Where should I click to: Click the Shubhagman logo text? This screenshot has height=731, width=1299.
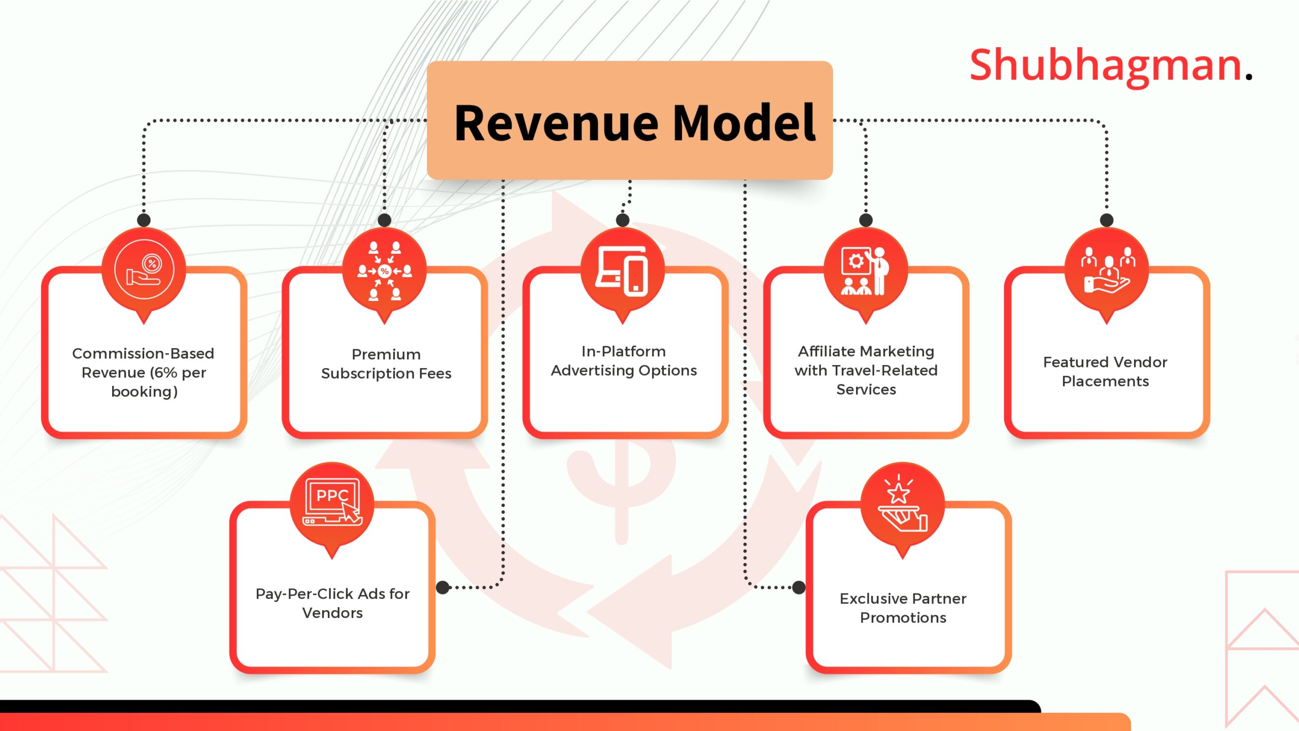pos(1110,66)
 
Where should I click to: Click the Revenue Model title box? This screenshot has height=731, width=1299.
pos(630,120)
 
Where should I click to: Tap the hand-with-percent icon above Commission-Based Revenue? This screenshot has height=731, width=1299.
pos(144,270)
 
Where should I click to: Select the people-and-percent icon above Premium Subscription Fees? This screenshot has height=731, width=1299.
pos(385,271)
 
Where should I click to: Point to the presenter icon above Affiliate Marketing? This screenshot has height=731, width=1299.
pos(865,271)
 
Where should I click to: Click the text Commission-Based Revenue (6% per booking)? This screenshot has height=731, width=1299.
pos(144,372)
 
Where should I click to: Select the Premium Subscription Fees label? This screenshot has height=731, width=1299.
pos(386,363)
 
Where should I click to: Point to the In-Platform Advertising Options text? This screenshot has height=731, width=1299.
pos(624,360)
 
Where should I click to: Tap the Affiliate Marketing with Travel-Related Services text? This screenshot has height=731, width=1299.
pos(866,370)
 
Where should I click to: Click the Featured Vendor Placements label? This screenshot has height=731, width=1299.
pos(1105,371)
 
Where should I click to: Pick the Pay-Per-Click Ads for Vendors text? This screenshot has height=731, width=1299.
pos(332,603)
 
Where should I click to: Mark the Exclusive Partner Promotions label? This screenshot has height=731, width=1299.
pos(903,608)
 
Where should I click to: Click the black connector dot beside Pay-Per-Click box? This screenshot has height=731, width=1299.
pos(443,587)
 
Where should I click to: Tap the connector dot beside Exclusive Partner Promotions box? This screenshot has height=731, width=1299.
pos(799,587)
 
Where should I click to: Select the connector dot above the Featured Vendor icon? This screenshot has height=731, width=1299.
pos(1107,220)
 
